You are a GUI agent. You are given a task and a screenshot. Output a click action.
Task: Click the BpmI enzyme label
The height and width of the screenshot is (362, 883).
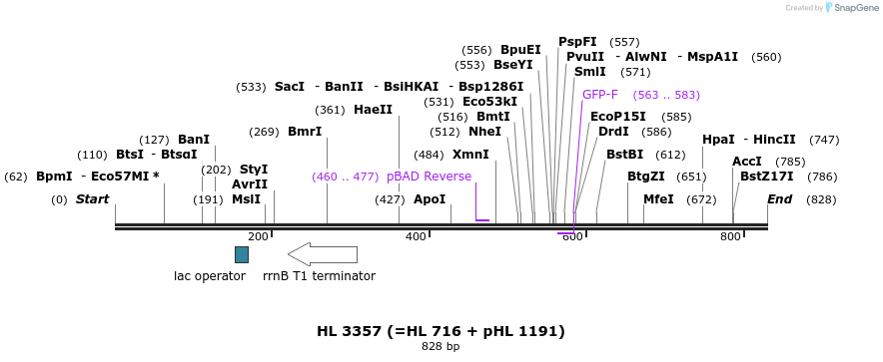(x=54, y=177)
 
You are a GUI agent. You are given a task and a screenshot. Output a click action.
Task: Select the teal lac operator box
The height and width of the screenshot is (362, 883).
(x=242, y=254)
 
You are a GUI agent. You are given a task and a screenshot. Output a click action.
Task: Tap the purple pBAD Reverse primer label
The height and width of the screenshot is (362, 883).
(x=429, y=177)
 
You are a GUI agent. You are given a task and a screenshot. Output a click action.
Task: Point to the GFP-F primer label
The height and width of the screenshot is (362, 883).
(x=600, y=95)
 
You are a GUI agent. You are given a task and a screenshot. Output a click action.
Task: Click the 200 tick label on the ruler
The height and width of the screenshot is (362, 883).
(x=258, y=236)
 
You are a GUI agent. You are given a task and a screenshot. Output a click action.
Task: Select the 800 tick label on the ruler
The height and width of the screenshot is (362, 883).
(x=730, y=236)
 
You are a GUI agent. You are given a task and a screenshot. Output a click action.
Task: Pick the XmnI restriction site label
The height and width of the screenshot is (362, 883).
(x=470, y=155)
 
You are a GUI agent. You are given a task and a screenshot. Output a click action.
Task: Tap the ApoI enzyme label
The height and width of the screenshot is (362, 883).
(x=430, y=199)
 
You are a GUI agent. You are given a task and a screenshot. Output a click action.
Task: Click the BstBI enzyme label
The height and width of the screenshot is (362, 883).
(x=624, y=155)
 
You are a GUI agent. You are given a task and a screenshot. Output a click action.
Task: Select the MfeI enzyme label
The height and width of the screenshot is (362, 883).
(x=658, y=199)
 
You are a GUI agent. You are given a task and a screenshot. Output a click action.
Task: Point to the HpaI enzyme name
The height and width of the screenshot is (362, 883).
(x=718, y=140)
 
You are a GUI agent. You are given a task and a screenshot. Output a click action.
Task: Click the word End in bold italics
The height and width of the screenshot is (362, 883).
(x=779, y=199)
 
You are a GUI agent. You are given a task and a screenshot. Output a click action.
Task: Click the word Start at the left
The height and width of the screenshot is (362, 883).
(x=92, y=199)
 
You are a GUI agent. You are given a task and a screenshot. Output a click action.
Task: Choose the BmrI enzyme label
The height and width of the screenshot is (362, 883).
(x=305, y=132)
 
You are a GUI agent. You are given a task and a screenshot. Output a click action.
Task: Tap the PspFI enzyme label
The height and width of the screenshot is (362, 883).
(x=577, y=42)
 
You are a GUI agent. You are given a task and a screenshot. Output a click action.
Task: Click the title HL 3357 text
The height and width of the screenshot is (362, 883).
(x=441, y=331)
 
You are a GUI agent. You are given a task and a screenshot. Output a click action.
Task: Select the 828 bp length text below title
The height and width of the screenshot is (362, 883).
(x=441, y=347)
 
